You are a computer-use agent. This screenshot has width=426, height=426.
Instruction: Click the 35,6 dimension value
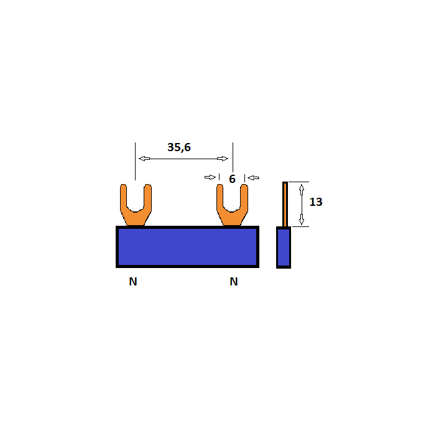pyautogui.click(x=179, y=147)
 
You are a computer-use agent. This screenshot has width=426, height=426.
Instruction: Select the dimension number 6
pyautogui.click(x=232, y=179)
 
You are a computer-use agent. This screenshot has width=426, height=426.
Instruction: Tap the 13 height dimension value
pyautogui.click(x=316, y=202)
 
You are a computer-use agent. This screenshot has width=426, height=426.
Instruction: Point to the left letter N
pyautogui.click(x=133, y=282)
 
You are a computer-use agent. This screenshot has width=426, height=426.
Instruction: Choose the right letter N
pyautogui.click(x=234, y=282)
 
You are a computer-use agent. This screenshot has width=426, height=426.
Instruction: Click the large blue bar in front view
pyautogui.click(x=187, y=247)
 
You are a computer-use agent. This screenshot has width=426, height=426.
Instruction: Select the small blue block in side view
pyautogui.click(x=284, y=248)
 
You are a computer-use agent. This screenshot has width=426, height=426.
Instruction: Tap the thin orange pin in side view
pyautogui.click(x=285, y=204)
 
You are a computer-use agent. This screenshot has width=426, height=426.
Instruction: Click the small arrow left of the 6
pyautogui.click(x=210, y=177)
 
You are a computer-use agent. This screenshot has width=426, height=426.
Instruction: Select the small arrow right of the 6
pyautogui.click(x=253, y=178)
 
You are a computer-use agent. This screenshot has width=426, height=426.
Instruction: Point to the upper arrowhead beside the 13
pyautogui.click(x=302, y=188)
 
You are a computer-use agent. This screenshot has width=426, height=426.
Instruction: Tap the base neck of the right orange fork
pyautogui.click(x=232, y=220)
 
